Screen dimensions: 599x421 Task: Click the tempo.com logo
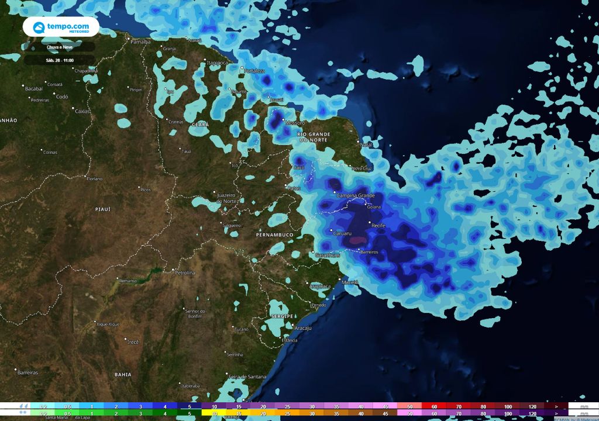click(60, 27)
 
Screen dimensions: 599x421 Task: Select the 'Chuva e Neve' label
click(59, 47)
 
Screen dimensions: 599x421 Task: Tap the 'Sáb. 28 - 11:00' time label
click(59, 60)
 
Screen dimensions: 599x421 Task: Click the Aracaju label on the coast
click(302, 329)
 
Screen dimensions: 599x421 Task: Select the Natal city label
click(366, 144)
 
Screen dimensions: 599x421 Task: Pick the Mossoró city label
click(294, 123)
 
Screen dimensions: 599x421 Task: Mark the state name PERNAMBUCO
click(274, 234)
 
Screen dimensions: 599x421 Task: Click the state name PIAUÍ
click(102, 209)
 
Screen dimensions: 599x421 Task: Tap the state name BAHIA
click(123, 374)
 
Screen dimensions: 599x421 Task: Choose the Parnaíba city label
click(141, 42)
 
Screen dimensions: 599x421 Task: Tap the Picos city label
click(145, 189)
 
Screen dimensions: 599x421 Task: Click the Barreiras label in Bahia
click(27, 372)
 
